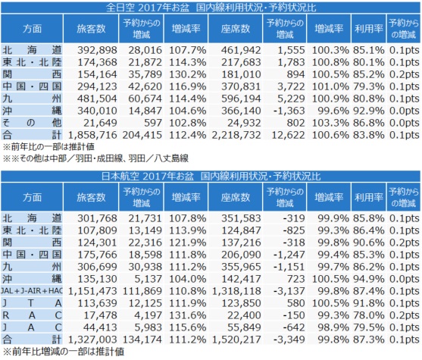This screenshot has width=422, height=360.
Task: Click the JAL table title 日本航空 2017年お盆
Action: click(x=148, y=177)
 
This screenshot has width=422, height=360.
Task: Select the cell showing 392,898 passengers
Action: click(x=98, y=50)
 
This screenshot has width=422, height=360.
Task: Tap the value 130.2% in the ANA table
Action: click(x=188, y=74)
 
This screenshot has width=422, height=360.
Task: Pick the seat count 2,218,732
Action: click(x=236, y=135)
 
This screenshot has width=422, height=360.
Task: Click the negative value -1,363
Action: click(x=289, y=111)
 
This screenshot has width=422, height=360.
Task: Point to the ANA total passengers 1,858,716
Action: click(x=92, y=135)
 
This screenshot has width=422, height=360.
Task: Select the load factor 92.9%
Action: click(x=369, y=111)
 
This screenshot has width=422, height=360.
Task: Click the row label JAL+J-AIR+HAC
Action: click(x=32, y=291)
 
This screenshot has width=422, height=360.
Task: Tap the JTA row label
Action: click(x=32, y=303)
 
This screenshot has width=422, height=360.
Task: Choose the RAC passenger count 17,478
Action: click(x=101, y=315)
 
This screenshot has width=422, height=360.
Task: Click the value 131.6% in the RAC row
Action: click(x=188, y=315)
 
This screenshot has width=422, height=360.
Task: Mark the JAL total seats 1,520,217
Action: click(x=236, y=340)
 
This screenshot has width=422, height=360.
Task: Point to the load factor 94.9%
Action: click(x=369, y=279)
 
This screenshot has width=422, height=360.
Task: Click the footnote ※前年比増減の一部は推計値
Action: click(x=64, y=352)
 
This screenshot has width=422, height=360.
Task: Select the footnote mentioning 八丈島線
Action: click(x=95, y=158)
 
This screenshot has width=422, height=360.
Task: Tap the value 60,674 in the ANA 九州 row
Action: click(x=145, y=99)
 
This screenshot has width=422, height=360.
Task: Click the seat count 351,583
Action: click(x=241, y=218)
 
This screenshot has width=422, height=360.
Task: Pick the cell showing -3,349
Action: click(x=289, y=340)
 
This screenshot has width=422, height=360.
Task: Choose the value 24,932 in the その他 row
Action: click(x=244, y=123)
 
